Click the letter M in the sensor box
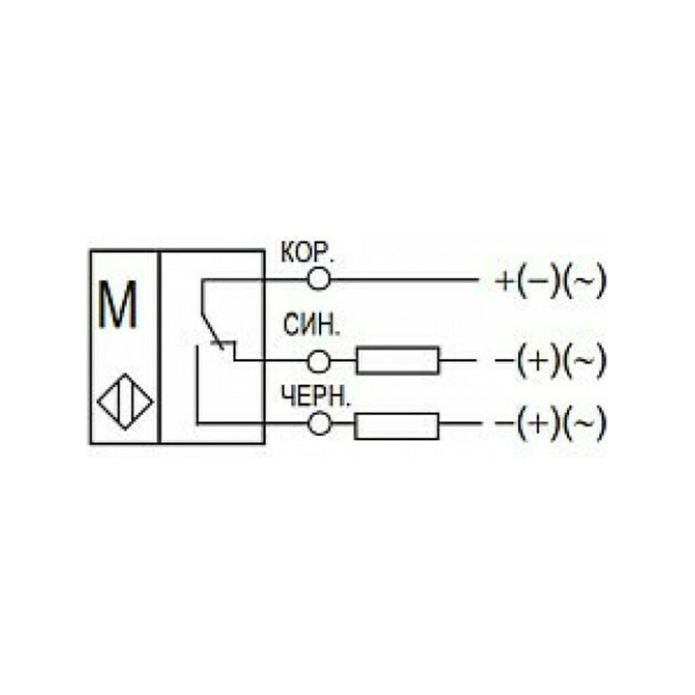coord(117,305)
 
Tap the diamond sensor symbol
coord(125,402)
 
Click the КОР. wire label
coord(306,253)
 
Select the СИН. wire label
coord(311,325)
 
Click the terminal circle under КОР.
coord(319,279)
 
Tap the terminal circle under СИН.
coord(319,361)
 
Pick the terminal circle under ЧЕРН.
coord(319,424)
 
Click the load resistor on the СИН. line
coord(398,360)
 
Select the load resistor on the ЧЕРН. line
coord(397,426)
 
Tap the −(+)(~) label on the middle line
coord(550,360)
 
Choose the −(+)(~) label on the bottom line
coord(550,423)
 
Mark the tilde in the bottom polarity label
coord(584,423)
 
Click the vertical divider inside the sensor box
coord(158,347)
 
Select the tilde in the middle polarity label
coord(584,360)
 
